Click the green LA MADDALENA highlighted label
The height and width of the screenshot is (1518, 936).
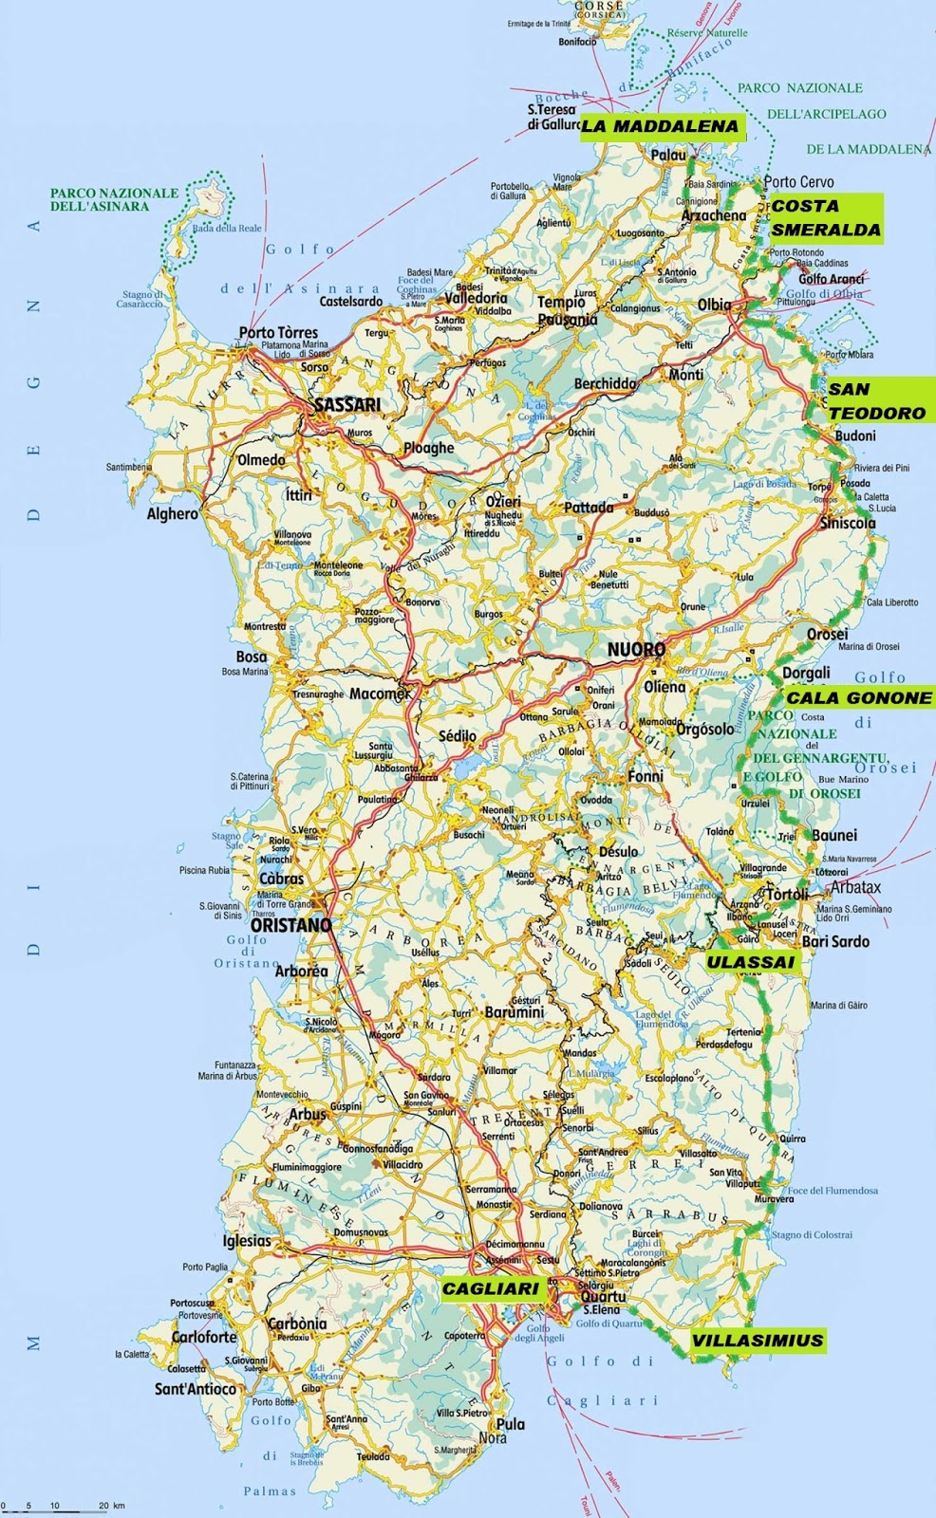[661, 126]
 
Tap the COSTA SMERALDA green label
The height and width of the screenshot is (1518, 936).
[825, 218]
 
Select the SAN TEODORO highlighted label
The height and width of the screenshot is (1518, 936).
[875, 400]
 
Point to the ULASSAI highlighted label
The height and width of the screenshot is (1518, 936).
[749, 961]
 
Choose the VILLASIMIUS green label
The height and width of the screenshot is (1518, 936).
[756, 1341]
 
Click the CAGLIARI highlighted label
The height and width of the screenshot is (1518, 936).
[491, 1288]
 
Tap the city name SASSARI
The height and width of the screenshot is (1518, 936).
[346, 405]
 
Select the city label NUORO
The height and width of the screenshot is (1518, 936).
[634, 650]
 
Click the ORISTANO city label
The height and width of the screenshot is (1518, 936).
[290, 924]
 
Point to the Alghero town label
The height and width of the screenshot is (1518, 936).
[173, 514]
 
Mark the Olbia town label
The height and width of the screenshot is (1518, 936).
[714, 305]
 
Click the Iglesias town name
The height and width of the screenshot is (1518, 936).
[246, 1240]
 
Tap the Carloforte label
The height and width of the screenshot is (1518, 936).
[203, 1337]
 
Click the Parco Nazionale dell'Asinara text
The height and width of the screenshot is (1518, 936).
[114, 199]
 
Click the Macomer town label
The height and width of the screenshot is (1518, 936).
[380, 694]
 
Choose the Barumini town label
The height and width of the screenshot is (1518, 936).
[514, 1012]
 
